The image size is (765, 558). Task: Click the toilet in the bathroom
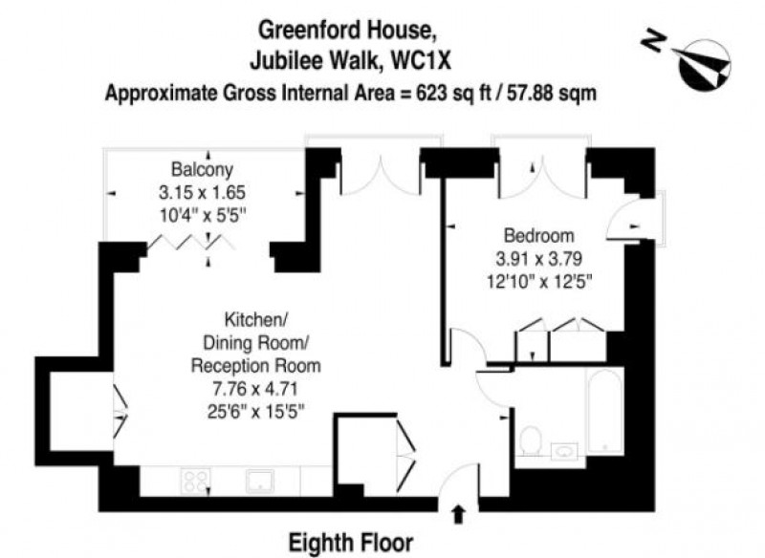point(530,440)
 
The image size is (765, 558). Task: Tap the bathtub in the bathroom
point(605,411)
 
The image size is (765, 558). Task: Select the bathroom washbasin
point(564,451)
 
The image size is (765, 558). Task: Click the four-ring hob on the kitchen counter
point(196,481)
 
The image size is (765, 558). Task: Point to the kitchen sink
point(259,481)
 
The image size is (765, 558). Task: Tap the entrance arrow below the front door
point(458,515)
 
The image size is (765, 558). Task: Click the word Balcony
point(202,169)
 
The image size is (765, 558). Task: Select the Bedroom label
point(538,235)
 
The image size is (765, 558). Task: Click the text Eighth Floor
point(351,543)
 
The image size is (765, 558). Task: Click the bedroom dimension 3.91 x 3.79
point(538,258)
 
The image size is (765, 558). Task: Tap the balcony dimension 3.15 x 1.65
point(202,192)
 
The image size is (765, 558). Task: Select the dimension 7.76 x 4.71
point(255,390)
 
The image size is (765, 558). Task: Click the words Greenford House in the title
point(346,31)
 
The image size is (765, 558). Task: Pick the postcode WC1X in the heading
point(422,61)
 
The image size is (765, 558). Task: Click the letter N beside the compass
point(654,41)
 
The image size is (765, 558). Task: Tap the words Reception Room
point(255,366)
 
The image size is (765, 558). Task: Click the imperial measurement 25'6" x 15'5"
point(255,412)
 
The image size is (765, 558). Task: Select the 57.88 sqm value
point(552,93)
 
